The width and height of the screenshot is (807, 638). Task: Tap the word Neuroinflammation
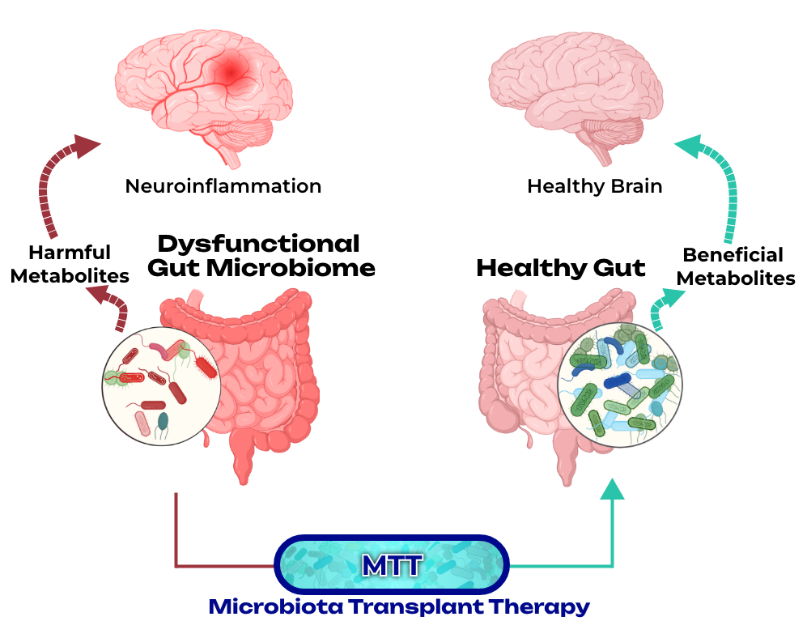[x=223, y=186]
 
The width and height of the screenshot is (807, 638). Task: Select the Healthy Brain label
[x=594, y=186]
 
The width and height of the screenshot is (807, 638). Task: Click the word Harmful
[x=70, y=253]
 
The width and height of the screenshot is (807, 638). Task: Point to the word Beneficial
[x=733, y=255]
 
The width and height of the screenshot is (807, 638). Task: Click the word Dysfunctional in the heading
[x=258, y=244]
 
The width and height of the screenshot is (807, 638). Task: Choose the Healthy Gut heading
[x=560, y=268]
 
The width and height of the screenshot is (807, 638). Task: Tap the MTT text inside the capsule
[x=393, y=565]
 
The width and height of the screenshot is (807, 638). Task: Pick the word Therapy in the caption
[x=539, y=607]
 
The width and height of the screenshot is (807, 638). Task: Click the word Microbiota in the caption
[x=275, y=606]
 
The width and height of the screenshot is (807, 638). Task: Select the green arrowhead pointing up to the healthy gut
[x=613, y=489]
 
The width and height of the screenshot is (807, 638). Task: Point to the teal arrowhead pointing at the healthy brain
[x=690, y=147]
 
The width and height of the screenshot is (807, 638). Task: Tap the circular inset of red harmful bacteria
[x=162, y=386]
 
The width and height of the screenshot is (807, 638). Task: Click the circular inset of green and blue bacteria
[x=620, y=385]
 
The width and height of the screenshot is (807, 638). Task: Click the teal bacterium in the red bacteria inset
[x=163, y=421]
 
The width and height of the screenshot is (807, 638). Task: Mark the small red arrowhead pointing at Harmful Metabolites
[x=98, y=295]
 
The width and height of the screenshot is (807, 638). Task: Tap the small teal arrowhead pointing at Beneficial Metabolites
[x=672, y=297]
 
